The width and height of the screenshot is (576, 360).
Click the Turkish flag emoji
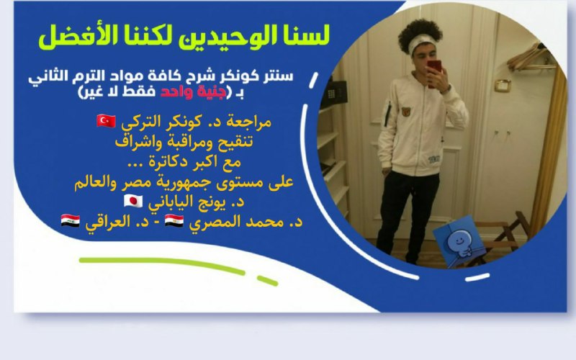pyautogui.click(x=106, y=121)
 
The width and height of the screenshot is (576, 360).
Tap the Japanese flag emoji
pyautogui.click(x=133, y=201)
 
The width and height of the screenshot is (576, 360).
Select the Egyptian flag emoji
pyautogui.click(x=174, y=220)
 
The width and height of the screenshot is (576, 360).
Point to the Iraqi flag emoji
pyautogui.click(x=70, y=220)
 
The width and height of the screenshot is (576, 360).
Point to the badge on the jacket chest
pyautogui.click(x=406, y=112)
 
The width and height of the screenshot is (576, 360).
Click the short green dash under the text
pyautogui.click(x=267, y=281)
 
